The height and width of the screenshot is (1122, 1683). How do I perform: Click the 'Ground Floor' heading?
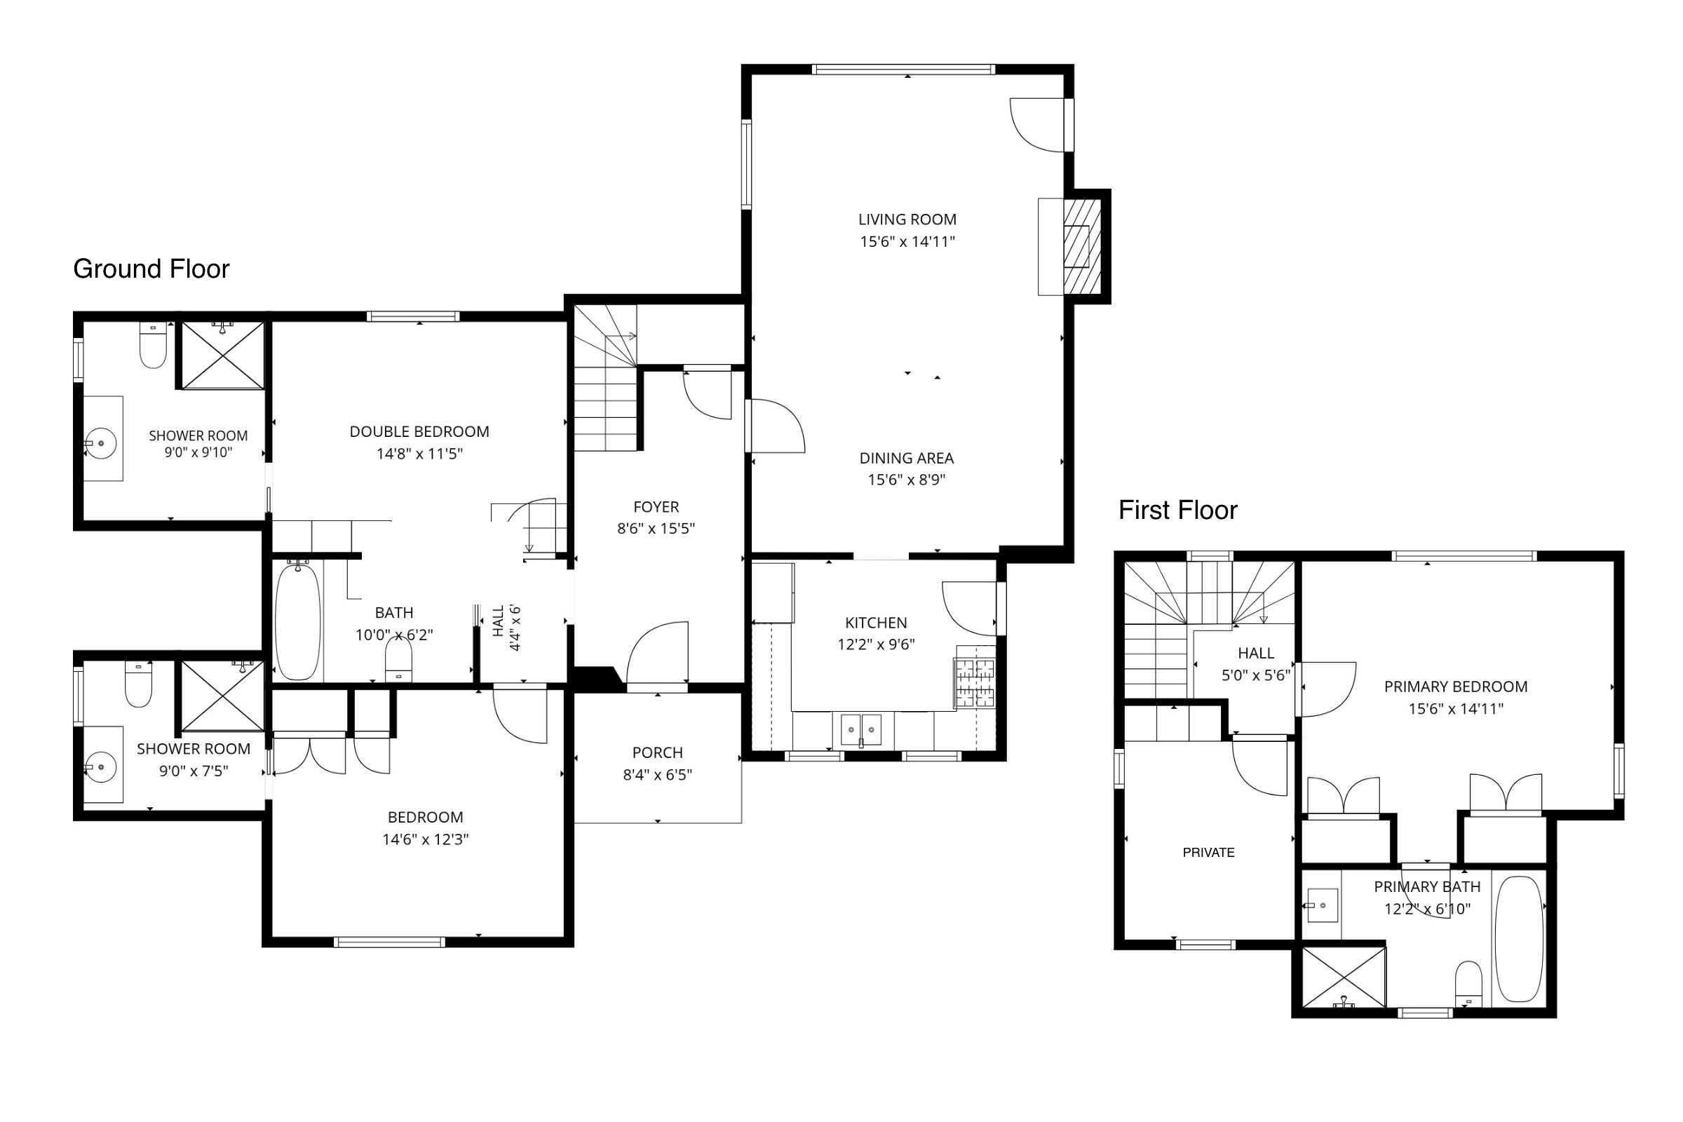pos(151,269)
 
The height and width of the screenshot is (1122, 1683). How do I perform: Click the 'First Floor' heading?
pos(1178,511)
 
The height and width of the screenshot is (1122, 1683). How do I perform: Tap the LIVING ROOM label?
pos(907,219)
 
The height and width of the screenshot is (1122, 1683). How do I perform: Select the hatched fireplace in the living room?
pos(1081,246)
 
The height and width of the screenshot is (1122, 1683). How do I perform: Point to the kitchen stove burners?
pos(974,683)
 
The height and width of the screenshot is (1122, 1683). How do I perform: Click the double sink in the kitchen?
pos(861,730)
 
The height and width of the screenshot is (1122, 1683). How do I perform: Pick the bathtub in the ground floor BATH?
pos(297,621)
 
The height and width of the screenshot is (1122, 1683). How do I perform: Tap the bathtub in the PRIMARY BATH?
pos(1519,939)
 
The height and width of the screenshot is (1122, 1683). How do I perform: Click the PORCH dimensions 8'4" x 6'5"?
pos(658,775)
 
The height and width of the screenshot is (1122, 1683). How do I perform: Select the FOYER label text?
pos(656,507)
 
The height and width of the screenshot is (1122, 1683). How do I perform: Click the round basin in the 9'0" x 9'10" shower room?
pos(102,444)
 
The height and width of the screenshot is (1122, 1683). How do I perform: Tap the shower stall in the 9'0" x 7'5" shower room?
pos(222,696)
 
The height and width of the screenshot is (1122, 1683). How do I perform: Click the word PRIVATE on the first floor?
pos(1208,853)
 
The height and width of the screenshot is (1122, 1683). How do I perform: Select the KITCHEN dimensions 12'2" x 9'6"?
pos(876,644)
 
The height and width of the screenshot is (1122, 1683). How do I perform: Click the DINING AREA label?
pos(907,459)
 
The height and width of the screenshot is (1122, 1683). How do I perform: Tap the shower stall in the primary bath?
pos(1344,978)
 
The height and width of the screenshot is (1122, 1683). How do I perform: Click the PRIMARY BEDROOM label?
pos(1456,687)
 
